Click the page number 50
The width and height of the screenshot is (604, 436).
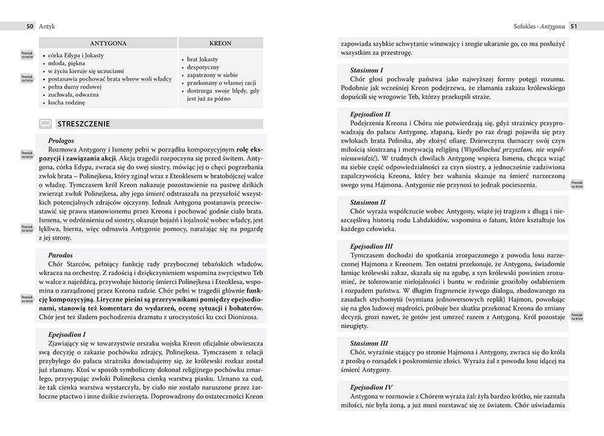(29, 26)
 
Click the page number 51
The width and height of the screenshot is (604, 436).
(574, 26)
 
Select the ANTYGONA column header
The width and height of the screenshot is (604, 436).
(108, 44)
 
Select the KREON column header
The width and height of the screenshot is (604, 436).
(220, 44)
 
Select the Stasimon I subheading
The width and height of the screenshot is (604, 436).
(367, 70)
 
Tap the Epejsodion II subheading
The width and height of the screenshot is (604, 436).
(370, 114)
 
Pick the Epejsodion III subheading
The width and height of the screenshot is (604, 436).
(371, 246)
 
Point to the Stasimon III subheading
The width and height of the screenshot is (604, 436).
(369, 343)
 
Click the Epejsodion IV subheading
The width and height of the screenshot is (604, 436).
(371, 387)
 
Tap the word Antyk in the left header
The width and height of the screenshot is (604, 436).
(47, 26)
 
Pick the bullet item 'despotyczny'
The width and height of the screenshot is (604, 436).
(203, 68)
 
